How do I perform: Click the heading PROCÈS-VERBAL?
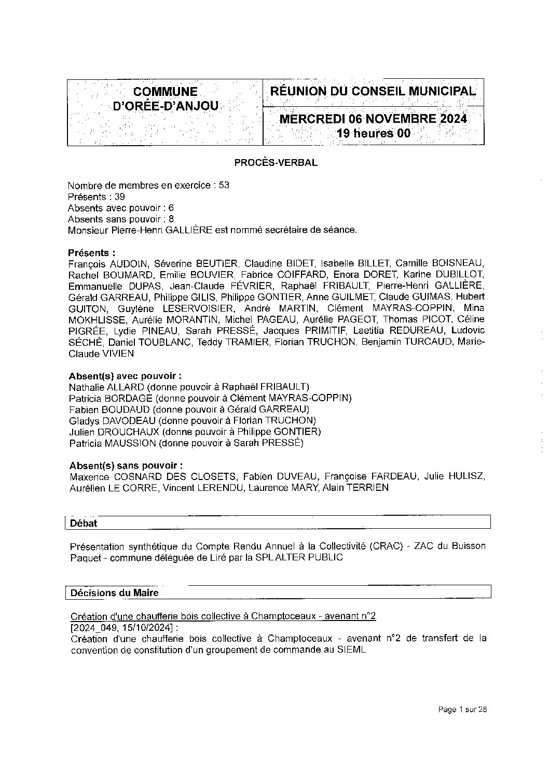point(276,162)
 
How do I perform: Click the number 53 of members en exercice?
point(224,185)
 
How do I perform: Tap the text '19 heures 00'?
point(374,134)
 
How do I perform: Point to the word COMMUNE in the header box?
point(166,92)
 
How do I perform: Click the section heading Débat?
point(84,523)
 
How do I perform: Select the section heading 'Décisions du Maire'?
point(115,592)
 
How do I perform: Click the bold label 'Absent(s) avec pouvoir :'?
point(125,376)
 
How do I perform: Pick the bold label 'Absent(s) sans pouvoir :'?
point(125,465)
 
